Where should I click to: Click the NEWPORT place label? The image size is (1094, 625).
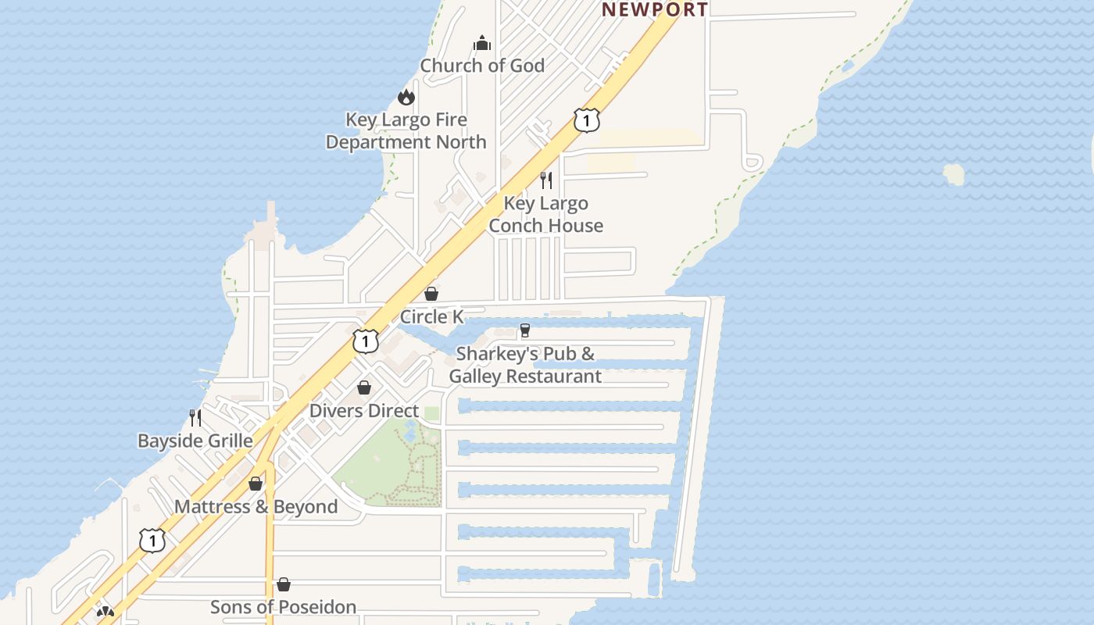click(654, 9)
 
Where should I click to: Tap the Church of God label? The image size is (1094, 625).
click(482, 66)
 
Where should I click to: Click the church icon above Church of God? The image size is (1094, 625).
click(482, 43)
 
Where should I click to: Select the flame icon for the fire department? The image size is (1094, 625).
click(406, 97)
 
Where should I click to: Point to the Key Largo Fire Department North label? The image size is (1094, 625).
click(406, 131)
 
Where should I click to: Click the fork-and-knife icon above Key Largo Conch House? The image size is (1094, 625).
click(546, 180)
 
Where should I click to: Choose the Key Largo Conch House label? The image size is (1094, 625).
click(546, 215)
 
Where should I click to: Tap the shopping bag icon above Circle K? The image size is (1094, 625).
click(431, 294)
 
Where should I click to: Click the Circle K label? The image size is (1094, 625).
click(431, 316)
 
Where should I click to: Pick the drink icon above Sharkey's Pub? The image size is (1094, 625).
click(525, 330)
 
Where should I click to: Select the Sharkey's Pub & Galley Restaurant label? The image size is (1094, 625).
click(525, 365)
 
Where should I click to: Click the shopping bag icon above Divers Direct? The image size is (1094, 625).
click(364, 387)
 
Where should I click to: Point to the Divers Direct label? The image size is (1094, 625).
click(364, 411)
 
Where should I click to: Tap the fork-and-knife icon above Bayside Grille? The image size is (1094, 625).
click(195, 418)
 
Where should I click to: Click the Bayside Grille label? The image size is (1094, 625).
click(195, 441)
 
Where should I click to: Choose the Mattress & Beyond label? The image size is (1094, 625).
click(256, 506)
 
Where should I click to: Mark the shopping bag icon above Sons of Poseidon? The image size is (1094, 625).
click(284, 584)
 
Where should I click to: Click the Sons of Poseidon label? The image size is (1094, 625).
click(284, 607)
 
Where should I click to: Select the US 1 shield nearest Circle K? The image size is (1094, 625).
click(365, 341)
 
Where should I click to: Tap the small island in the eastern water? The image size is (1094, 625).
click(953, 174)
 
